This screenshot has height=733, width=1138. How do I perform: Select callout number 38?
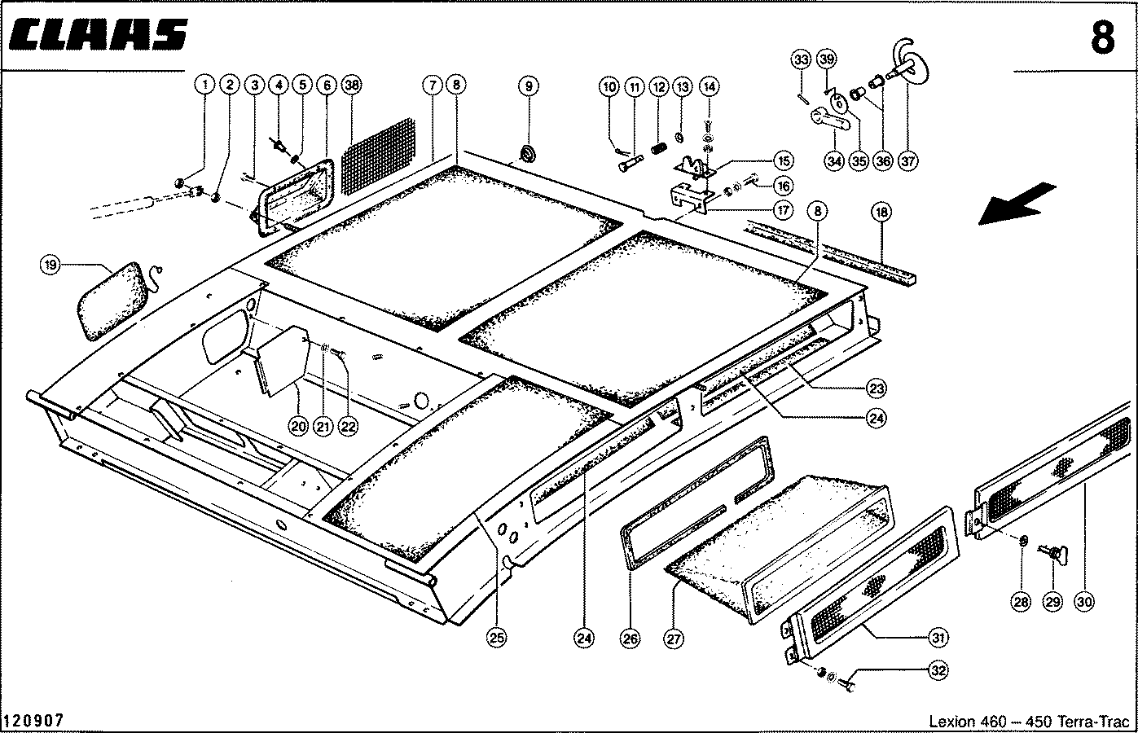coord(352,85)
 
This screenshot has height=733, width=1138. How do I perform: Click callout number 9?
coord(528,86)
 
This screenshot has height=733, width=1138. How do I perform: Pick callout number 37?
coord(908,161)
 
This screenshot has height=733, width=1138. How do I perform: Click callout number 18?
coord(881,213)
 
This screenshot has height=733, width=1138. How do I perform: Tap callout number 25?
coord(495,639)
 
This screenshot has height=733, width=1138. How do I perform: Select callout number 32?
coord(938,671)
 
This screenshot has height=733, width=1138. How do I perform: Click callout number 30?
coord(1083,603)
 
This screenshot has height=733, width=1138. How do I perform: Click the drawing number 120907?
coord(33,721)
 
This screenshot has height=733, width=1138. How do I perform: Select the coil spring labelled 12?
coord(657,151)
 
